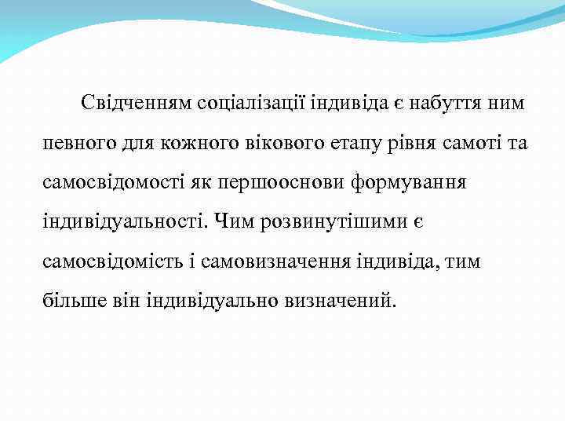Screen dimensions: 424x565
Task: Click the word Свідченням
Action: tap(137, 104)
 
